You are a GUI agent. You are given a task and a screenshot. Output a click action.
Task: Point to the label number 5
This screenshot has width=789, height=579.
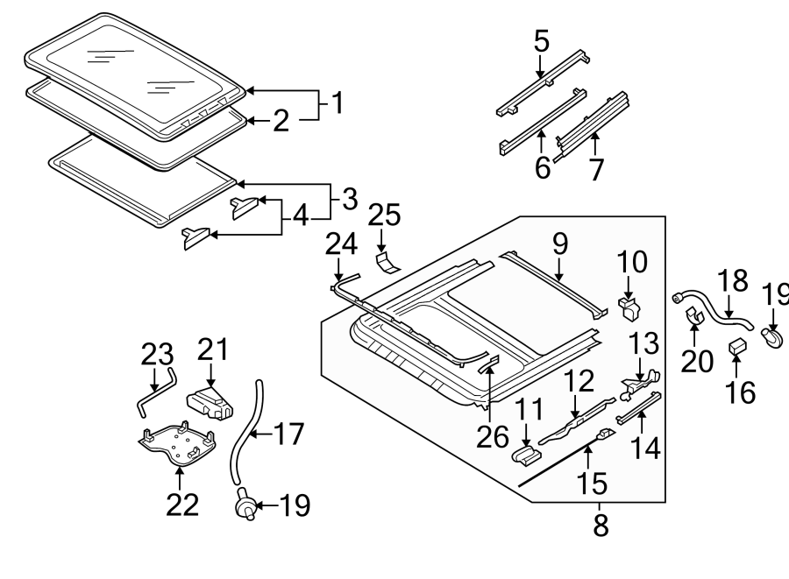click(542, 39)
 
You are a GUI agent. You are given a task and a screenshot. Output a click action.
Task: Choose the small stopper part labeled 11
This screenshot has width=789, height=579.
click(526, 454)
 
